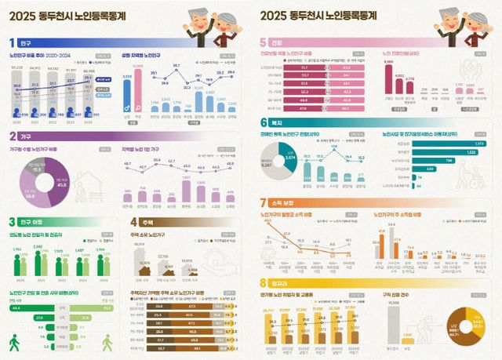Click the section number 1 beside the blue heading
tap(12, 42)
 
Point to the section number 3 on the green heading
tap(12, 222)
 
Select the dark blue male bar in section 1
tap(127, 96)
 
